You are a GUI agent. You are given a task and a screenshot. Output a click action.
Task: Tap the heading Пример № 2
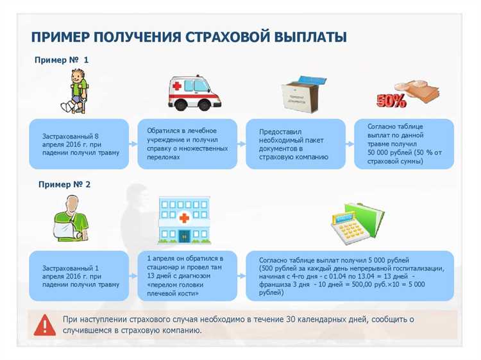tap(64, 184)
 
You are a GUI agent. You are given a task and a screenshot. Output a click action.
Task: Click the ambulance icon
tap(194, 94)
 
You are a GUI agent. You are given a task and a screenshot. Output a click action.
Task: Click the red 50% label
tap(391, 101)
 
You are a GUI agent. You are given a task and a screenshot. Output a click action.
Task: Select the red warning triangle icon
tap(44, 325)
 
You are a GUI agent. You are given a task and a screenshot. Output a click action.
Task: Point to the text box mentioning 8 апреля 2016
tap(80, 144)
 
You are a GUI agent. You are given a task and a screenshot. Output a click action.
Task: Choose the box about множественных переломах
tap(187, 144)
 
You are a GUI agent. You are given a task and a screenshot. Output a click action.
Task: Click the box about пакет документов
tap(296, 144)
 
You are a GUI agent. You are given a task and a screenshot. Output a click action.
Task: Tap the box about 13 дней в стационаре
tap(187, 275)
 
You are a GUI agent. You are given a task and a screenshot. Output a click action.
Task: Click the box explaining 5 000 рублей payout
tap(350, 275)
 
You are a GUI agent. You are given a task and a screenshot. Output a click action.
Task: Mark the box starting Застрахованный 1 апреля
tap(80, 275)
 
